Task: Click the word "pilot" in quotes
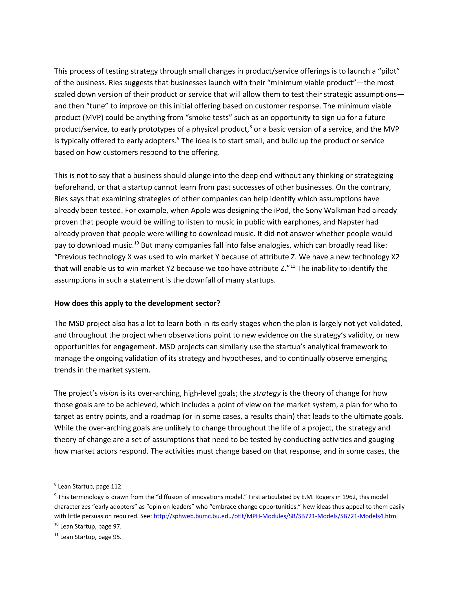pos(388,71)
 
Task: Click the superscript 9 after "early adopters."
pos(178,138)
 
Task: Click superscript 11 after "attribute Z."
pos(293,266)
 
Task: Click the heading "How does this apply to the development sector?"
pos(137,303)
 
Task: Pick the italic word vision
pos(109,393)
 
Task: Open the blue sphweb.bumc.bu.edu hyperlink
pos(276,516)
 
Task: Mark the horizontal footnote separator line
pos(98,479)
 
